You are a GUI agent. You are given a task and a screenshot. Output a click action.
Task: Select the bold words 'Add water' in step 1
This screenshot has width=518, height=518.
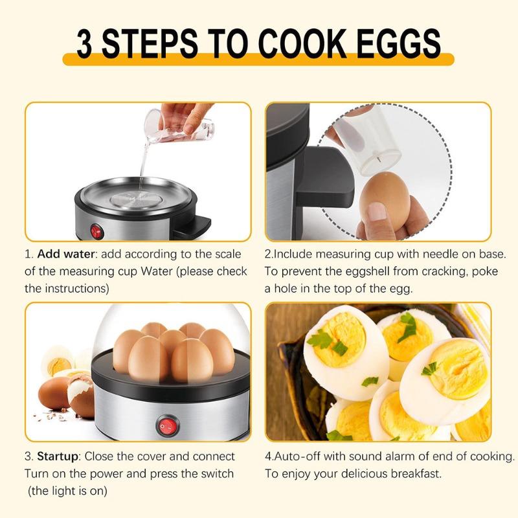click(63, 254)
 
